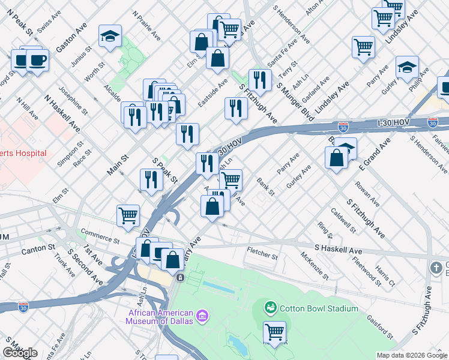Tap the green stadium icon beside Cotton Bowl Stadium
[271, 308]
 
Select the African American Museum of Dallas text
[160, 316]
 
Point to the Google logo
[20, 353]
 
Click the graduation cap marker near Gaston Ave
[110, 37]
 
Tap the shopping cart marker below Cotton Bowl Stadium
[275, 332]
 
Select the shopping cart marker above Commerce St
[128, 215]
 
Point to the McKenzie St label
[315, 266]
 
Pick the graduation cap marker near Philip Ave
[407, 67]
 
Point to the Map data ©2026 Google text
[412, 355]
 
